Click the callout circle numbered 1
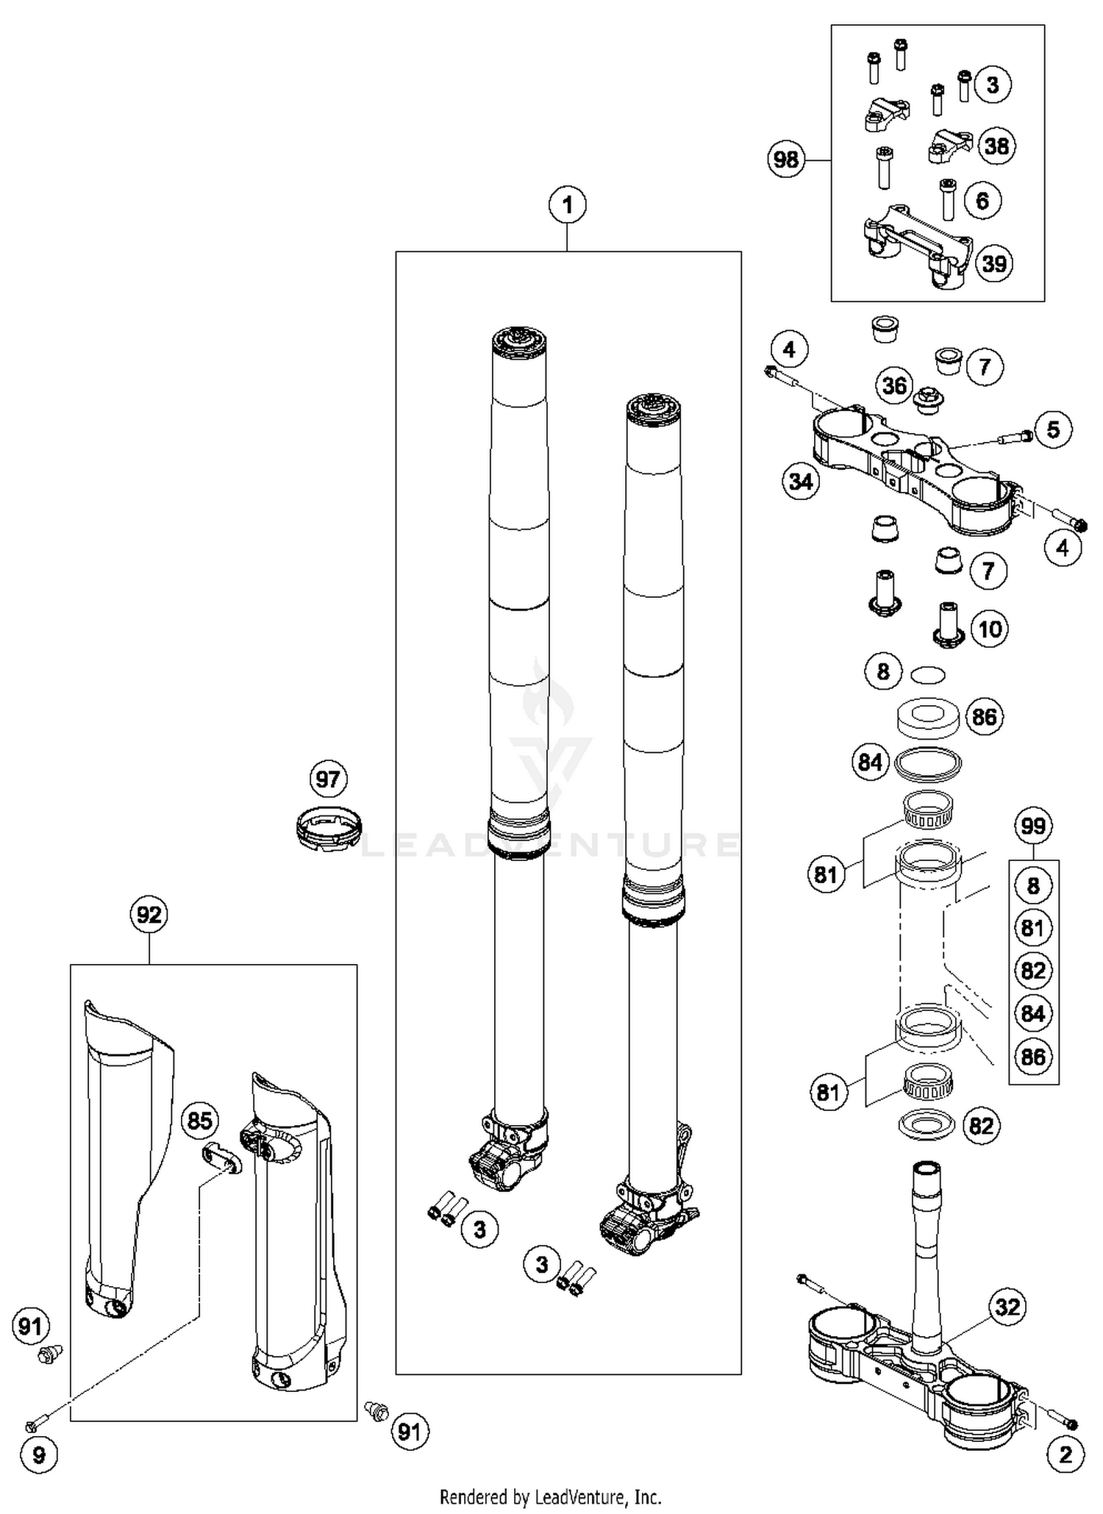pyautogui.click(x=567, y=205)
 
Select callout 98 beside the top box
pyautogui.click(x=786, y=160)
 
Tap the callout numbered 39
pyautogui.click(x=993, y=264)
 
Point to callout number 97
pyautogui.click(x=327, y=779)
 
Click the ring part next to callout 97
pyautogui.click(x=329, y=829)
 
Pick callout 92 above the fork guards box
pyautogui.click(x=149, y=915)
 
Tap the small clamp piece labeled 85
pyautogui.click(x=221, y=1160)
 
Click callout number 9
pyautogui.click(x=40, y=1454)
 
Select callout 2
pyautogui.click(x=1065, y=1454)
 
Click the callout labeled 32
pyautogui.click(x=1007, y=1307)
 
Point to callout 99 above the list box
pyautogui.click(x=1033, y=826)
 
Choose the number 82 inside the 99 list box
pyautogui.click(x=1033, y=971)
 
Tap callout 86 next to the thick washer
pyautogui.click(x=984, y=717)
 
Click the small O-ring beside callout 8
pyautogui.click(x=927, y=674)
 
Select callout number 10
pyautogui.click(x=990, y=629)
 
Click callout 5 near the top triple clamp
pyautogui.click(x=1053, y=429)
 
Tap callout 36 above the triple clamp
pyautogui.click(x=894, y=385)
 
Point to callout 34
pyautogui.click(x=801, y=482)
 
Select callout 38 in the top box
pyautogui.click(x=996, y=146)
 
